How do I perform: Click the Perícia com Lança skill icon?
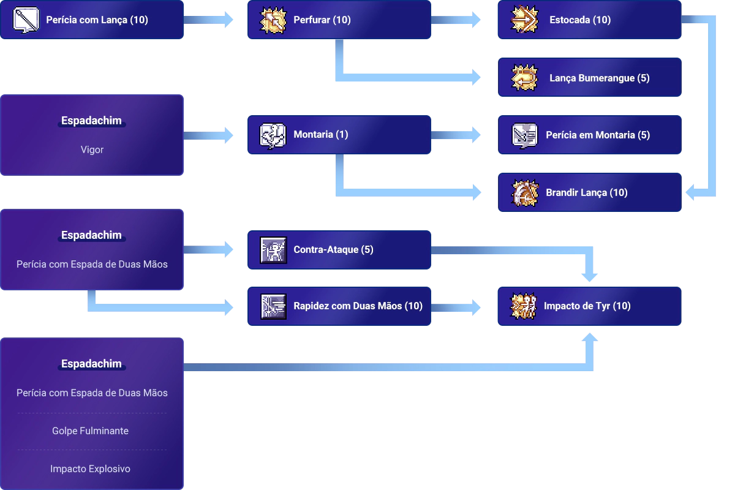pyautogui.click(x=26, y=20)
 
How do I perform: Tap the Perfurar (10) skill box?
pyautogui.click(x=337, y=20)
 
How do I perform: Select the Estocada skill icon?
pyautogui.click(x=524, y=20)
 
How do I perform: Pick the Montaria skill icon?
pyautogui.click(x=273, y=135)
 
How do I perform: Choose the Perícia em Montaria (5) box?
pyautogui.click(x=588, y=135)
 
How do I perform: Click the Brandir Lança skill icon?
pyautogui.click(x=524, y=192)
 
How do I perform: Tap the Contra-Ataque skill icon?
pyautogui.click(x=273, y=250)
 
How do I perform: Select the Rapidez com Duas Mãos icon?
pyautogui.click(x=273, y=306)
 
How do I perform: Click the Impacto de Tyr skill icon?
pyautogui.click(x=524, y=306)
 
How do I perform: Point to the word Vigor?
pyautogui.click(x=92, y=149)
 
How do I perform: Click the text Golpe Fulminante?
pyautogui.click(x=91, y=431)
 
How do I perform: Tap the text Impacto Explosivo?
pyautogui.click(x=91, y=469)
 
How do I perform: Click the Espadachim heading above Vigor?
pyautogui.click(x=92, y=121)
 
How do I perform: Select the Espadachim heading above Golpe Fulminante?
pyautogui.click(x=92, y=364)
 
